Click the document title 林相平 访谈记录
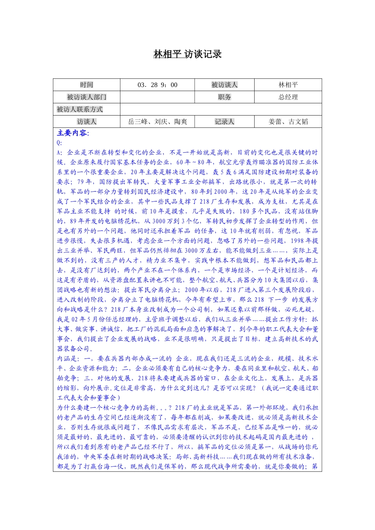(187, 54)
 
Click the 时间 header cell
(86, 85)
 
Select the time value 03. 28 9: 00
(157, 85)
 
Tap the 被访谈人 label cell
(224, 85)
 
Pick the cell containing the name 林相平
(288, 85)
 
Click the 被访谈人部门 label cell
(86, 97)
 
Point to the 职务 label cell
(224, 97)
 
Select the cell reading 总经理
(288, 97)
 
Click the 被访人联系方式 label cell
(80, 109)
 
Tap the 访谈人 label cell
(86, 121)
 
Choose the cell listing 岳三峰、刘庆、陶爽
(157, 121)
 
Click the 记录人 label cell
(224, 121)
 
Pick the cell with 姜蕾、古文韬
(288, 121)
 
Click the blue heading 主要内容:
(73, 133)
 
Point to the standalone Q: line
(60, 143)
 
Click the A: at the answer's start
(60, 153)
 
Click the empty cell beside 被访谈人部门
(157, 97)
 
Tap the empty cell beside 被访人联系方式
(221, 109)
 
